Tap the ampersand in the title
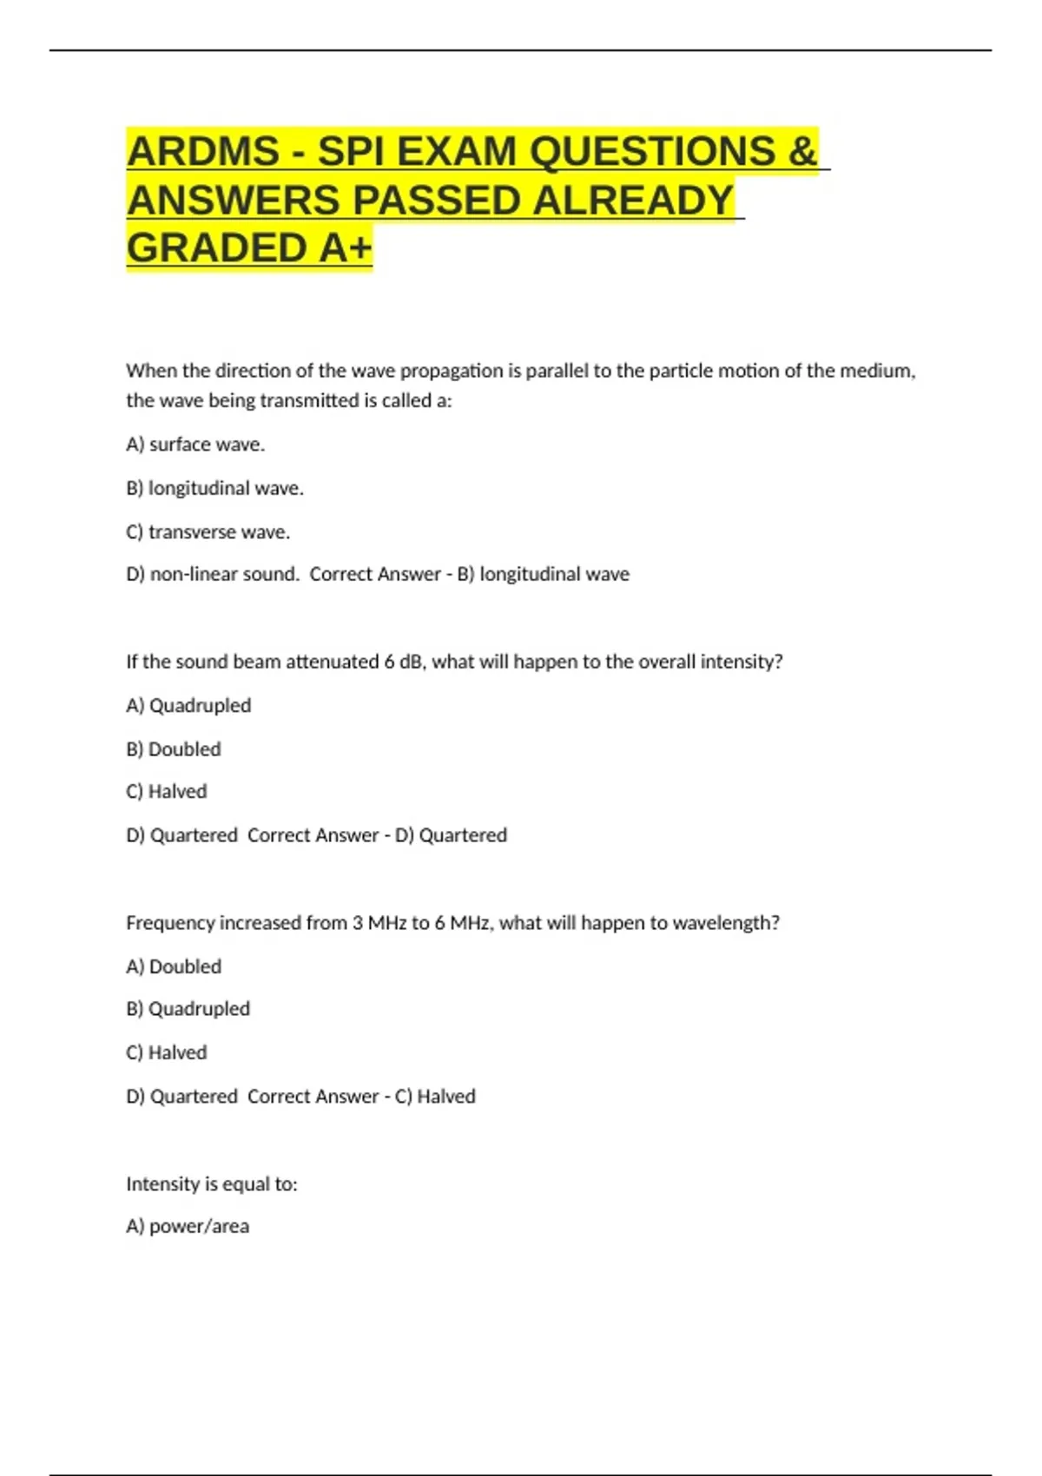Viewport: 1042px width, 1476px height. pyautogui.click(x=803, y=152)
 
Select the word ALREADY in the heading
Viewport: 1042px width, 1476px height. pyautogui.click(x=633, y=201)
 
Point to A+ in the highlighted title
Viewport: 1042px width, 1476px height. pyautogui.click(x=346, y=248)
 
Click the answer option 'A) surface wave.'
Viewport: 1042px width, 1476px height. pyautogui.click(x=195, y=445)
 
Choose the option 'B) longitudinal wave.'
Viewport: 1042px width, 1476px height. pyautogui.click(x=214, y=488)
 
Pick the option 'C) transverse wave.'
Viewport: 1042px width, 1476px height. pyautogui.click(x=208, y=531)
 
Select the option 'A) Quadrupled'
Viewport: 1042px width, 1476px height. pyautogui.click(x=188, y=705)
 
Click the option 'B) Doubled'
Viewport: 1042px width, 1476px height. pyautogui.click(x=174, y=748)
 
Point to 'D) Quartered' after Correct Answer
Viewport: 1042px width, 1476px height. pyautogui.click(x=451, y=835)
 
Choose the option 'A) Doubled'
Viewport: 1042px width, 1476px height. pyautogui.click(x=174, y=966)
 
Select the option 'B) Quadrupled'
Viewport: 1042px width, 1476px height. pyautogui.click(x=188, y=1009)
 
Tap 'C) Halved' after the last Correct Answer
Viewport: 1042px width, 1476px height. pyautogui.click(x=435, y=1097)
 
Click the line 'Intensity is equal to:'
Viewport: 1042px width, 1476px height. pyautogui.click(x=212, y=1184)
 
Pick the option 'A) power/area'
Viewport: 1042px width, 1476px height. pyautogui.click(x=188, y=1226)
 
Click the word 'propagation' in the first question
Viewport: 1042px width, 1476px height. pyautogui.click(x=452, y=371)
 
